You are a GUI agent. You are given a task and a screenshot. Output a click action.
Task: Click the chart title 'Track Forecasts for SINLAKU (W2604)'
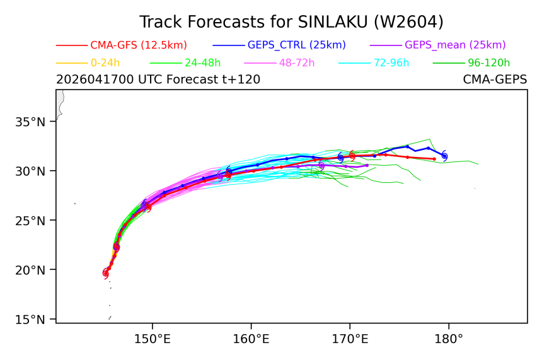(x=291, y=22)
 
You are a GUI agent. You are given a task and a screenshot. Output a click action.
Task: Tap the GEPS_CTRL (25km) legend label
(x=297, y=45)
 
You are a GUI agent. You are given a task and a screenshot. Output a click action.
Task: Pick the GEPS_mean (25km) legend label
(x=455, y=45)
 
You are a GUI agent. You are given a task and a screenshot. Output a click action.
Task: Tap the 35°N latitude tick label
(x=30, y=122)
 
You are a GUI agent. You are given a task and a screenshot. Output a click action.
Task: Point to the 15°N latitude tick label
(x=30, y=319)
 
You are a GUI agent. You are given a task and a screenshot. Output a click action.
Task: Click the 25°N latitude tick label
(x=30, y=221)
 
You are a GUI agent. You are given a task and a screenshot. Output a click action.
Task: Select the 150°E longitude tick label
(x=152, y=339)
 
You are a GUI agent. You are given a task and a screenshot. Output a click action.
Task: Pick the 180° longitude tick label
(x=449, y=339)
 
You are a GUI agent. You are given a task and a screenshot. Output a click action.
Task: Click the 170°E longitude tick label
(x=350, y=339)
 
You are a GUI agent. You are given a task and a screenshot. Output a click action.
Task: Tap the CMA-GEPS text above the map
(x=495, y=79)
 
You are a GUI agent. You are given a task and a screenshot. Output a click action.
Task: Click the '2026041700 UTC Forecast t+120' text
(x=158, y=79)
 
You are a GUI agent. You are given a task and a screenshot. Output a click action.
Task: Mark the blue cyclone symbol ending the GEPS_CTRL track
(x=444, y=156)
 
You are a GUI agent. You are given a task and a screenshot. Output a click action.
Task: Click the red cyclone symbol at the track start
(x=106, y=274)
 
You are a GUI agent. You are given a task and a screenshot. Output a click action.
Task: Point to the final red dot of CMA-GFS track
(x=434, y=159)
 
